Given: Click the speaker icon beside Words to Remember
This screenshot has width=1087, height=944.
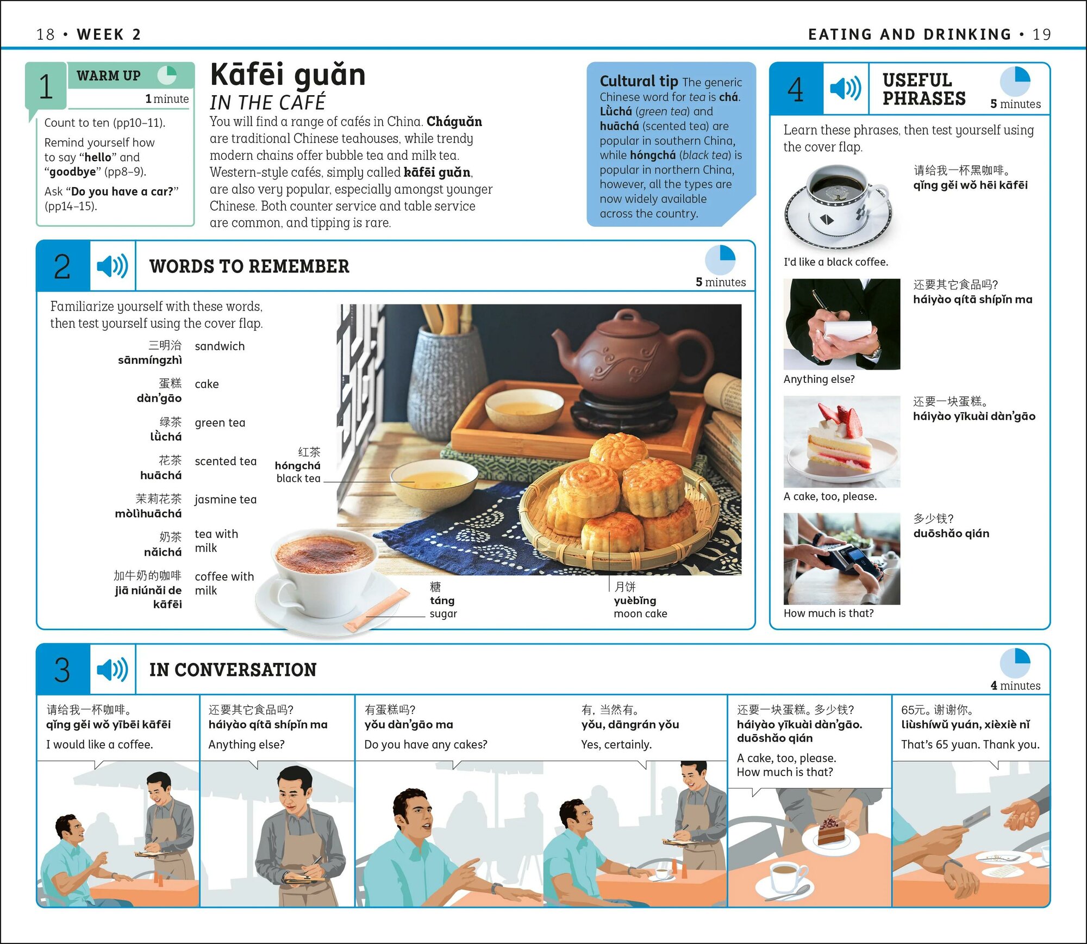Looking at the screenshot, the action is pos(113,266).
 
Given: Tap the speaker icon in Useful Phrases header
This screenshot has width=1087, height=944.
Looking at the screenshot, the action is pos(846,88).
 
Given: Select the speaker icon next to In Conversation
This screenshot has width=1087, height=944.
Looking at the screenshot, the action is pos(113,669).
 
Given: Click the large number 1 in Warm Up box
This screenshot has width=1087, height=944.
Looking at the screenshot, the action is pos(46,86).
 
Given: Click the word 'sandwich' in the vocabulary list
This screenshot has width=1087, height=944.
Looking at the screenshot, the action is pos(220,346).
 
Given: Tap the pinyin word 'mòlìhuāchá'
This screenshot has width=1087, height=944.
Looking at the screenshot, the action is pos(148,513).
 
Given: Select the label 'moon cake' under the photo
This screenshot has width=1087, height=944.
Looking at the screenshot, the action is pos(640,613).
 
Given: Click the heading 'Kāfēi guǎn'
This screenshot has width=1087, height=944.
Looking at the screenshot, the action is pos(288,75).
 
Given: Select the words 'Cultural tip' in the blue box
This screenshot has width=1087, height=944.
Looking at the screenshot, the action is pos(639,81).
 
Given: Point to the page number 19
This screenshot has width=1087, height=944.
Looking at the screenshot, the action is pos(1042,34).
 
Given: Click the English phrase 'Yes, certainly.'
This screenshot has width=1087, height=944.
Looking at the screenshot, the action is pos(616,744).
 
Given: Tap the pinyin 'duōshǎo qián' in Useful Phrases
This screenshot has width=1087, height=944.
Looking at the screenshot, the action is pos(951,533).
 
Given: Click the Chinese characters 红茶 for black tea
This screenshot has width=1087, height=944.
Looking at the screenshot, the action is pos(309,452).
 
